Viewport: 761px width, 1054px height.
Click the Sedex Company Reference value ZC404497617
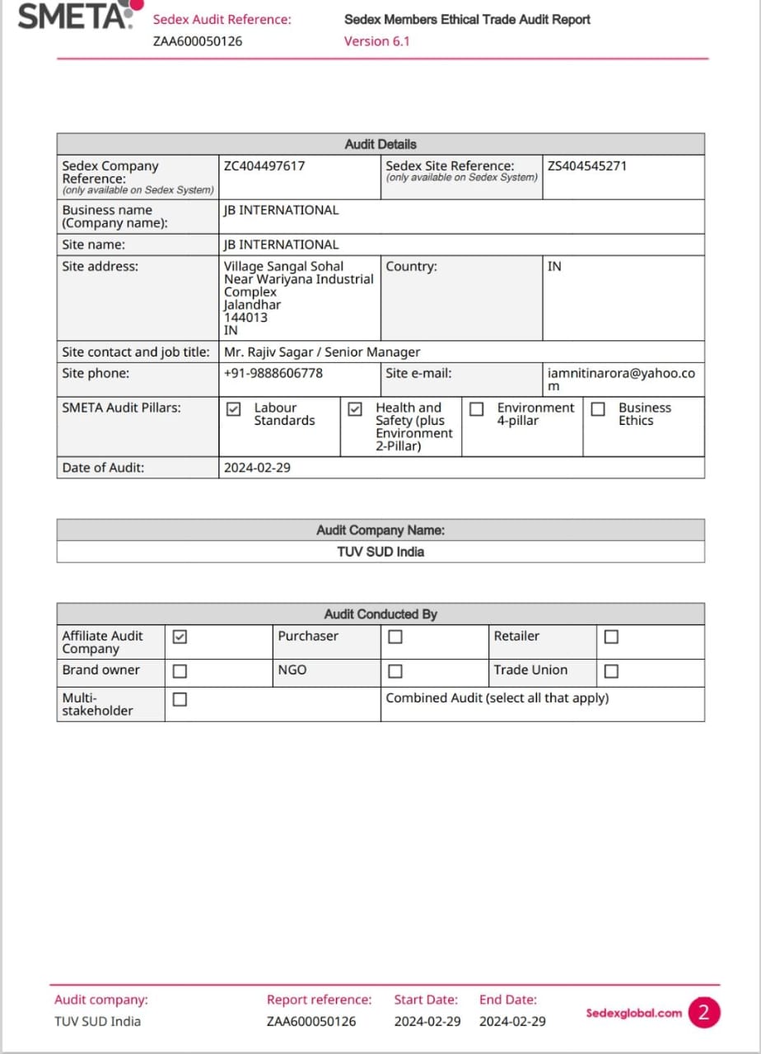pos(264,166)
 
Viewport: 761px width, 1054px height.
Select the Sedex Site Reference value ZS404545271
pos(586,166)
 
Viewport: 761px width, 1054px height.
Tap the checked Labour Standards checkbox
pos(234,409)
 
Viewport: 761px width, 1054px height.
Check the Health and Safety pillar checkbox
pos(355,409)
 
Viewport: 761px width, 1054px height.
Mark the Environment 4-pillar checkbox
pos(476,409)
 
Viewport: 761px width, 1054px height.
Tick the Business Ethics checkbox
pos(598,409)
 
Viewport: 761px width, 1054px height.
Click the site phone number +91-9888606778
pos(273,374)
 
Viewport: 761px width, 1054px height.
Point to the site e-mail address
pos(621,380)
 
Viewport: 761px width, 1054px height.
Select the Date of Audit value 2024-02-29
pos(257,469)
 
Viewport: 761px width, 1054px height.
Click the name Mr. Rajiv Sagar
pos(269,352)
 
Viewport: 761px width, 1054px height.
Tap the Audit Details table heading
pos(380,144)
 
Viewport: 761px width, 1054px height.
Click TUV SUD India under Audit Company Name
pos(380,552)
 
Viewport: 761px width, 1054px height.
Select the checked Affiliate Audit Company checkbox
pos(180,637)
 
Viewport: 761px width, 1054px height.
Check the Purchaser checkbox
pos(395,637)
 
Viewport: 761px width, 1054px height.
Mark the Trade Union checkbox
pos(611,671)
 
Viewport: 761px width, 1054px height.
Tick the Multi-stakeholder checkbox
pos(180,700)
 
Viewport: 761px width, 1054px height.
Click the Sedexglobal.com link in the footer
pos(633,1014)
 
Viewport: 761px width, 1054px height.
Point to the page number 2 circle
pos(703,1013)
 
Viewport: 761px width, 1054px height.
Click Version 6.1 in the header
pos(376,41)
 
